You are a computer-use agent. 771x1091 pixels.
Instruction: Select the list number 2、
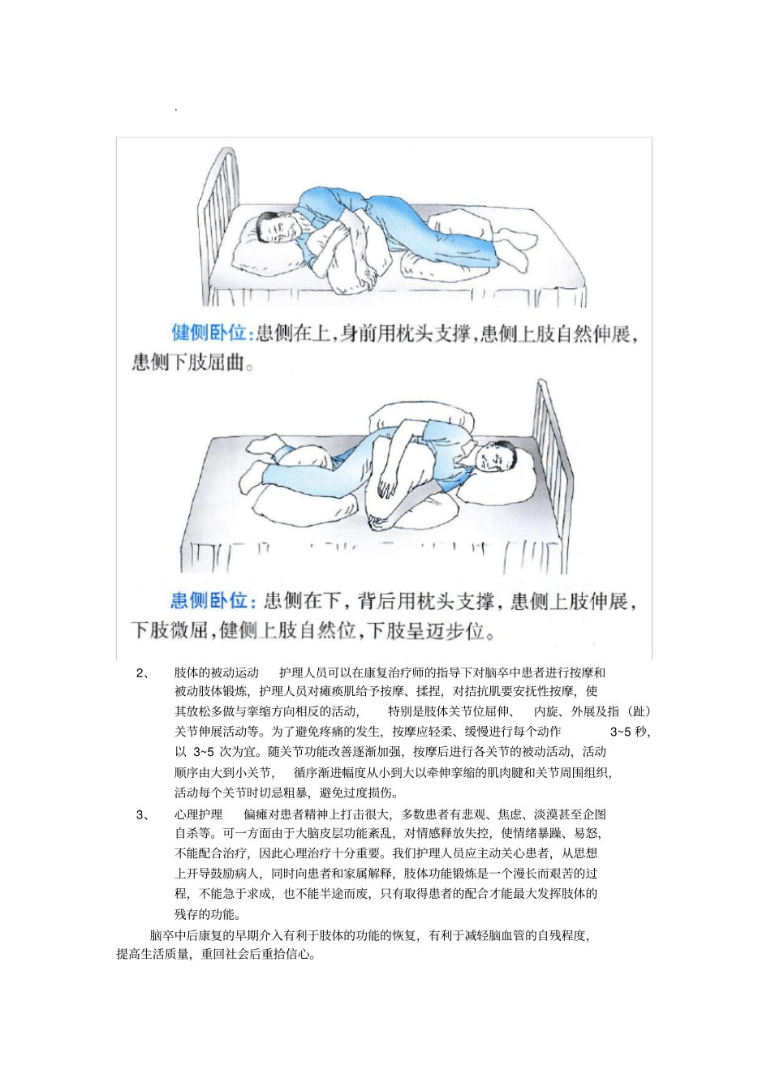143,672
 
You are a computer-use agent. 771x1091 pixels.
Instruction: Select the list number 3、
143,814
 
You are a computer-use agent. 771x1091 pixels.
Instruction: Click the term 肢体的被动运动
216,672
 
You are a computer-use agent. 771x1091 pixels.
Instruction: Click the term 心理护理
198,814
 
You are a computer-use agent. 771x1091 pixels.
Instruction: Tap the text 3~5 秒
630,732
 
